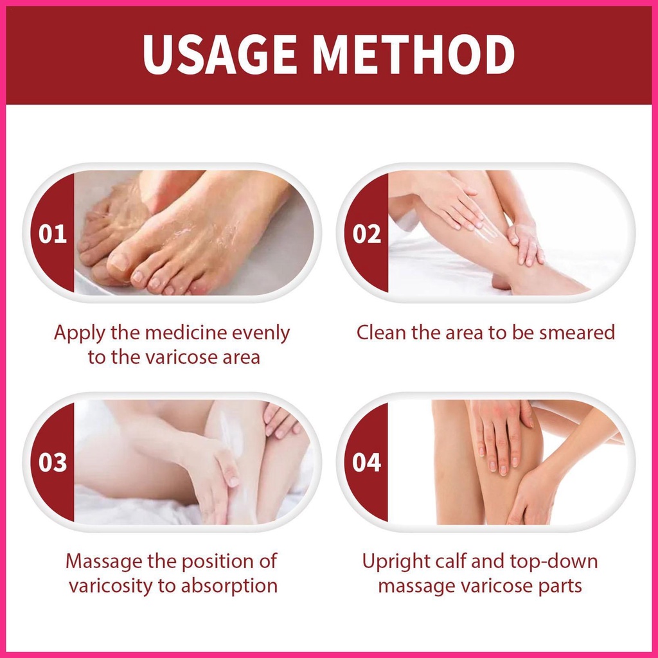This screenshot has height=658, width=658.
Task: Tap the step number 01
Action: [53, 234]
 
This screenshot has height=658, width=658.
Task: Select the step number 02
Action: [367, 234]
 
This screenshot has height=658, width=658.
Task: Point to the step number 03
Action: [53, 463]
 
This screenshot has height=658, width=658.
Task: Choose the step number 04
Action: [367, 463]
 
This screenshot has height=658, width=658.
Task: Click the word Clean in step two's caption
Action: [381, 332]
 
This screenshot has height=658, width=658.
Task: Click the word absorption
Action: [229, 587]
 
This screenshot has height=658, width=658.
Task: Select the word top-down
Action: [553, 562]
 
